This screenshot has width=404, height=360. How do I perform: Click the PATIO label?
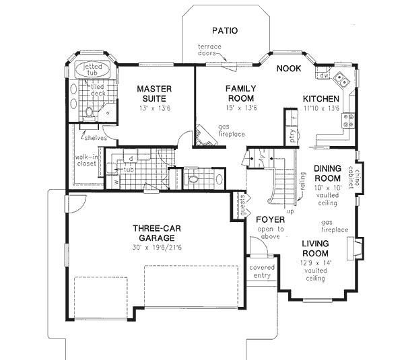[225, 30]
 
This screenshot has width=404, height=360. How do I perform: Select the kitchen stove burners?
[350, 120]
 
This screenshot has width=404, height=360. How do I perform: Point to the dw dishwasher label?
[325, 76]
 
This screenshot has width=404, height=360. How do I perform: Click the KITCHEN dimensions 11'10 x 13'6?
[321, 108]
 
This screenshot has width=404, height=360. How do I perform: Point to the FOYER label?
[271, 219]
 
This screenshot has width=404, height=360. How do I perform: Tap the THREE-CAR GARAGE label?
[154, 233]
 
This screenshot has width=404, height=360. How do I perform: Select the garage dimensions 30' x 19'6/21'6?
[154, 247]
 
